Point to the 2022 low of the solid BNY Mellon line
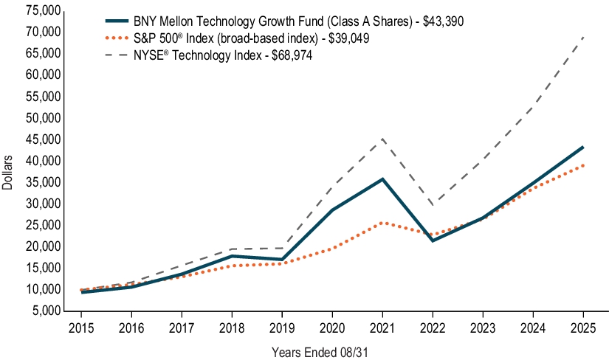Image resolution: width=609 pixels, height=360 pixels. click(x=432, y=240)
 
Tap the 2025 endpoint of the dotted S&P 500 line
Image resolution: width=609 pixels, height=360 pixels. click(x=582, y=165)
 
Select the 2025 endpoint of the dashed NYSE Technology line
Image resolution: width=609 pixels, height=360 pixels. click(x=582, y=37)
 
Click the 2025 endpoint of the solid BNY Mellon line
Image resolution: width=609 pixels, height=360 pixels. click(x=582, y=147)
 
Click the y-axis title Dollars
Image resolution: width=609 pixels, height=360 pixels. click(x=7, y=173)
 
